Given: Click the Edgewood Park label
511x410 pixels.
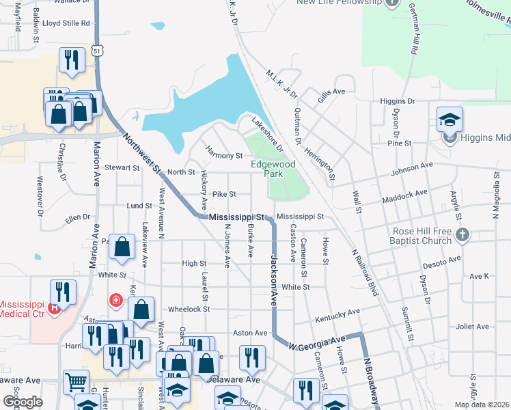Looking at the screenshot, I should (273, 169).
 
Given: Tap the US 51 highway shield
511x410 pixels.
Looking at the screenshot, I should (98, 51).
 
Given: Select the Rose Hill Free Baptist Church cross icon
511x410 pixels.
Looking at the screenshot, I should (462, 234).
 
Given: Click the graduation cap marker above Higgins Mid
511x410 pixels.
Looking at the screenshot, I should (450, 120).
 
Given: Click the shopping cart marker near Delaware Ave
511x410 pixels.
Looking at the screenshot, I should (76, 382).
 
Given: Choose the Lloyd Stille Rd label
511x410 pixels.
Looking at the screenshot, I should (66, 23).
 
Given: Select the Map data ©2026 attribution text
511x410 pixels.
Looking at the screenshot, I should (482, 405).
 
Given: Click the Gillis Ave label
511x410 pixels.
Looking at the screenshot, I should (331, 92).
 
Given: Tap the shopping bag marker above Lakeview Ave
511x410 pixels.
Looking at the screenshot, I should (122, 248).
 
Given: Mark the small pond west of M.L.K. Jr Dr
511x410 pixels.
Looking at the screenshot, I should (158, 26).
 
